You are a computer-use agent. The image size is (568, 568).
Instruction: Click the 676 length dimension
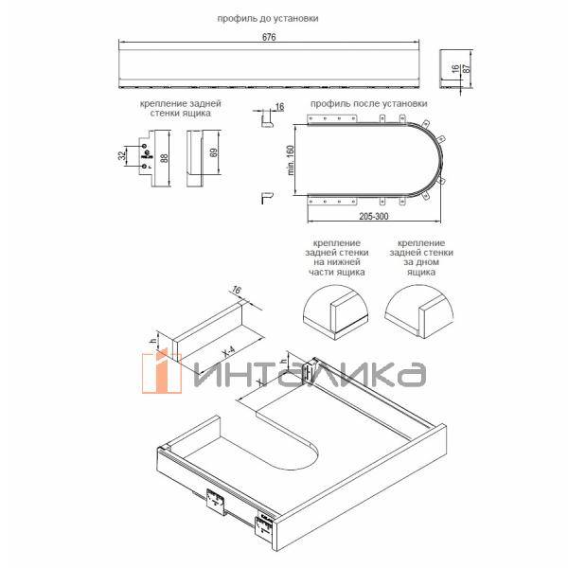coord(269,37)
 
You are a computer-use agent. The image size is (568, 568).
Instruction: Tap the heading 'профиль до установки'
coord(268,18)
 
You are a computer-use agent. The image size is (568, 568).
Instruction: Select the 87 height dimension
coord(467,68)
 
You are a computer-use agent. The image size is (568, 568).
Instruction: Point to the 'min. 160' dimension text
coord(291,160)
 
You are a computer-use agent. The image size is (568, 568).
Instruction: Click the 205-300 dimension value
coord(374,216)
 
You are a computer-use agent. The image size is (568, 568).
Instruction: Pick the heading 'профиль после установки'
coord(369,103)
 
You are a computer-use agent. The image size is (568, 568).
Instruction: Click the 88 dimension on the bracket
coord(164,158)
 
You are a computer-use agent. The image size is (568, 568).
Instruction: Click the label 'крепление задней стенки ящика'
coord(181,108)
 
